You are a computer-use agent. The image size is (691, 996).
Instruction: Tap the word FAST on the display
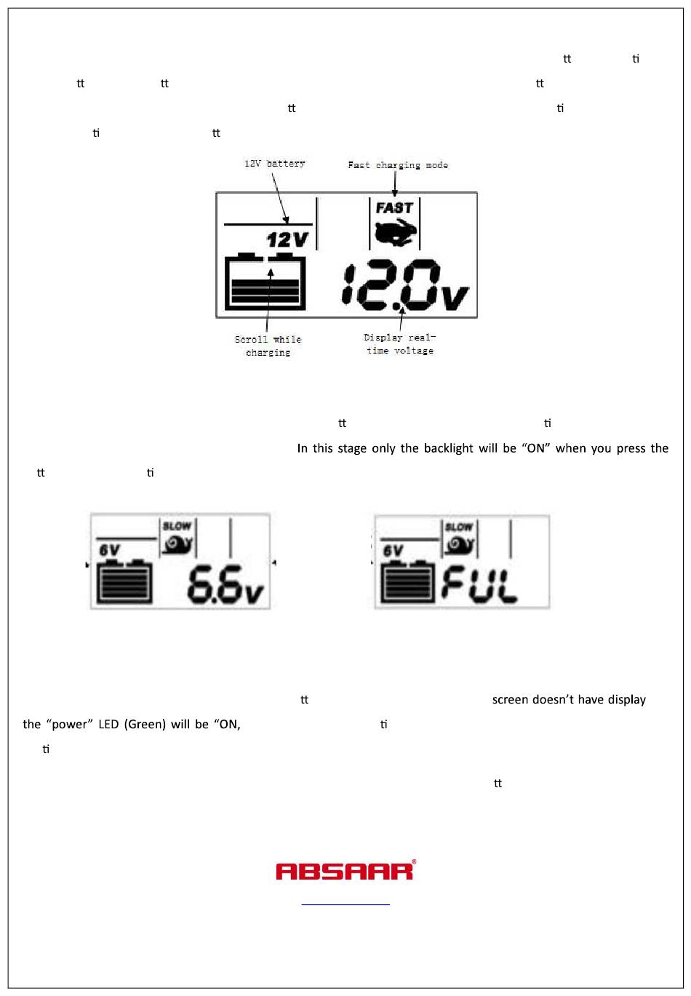point(394,208)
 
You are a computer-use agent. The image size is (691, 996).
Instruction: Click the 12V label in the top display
point(288,239)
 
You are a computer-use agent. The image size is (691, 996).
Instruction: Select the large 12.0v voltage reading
point(406,285)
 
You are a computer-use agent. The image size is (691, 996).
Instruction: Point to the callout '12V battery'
point(274,164)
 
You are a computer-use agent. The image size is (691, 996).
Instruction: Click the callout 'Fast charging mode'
point(398,165)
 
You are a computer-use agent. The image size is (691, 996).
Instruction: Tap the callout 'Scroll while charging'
point(268,346)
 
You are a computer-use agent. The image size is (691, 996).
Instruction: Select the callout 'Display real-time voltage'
point(399,344)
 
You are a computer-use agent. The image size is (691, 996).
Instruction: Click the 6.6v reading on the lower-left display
point(225,584)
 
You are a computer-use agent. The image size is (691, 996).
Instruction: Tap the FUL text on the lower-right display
point(479,584)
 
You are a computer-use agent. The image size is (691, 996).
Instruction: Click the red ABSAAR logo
point(345,870)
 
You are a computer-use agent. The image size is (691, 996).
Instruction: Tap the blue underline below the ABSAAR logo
point(345,904)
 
